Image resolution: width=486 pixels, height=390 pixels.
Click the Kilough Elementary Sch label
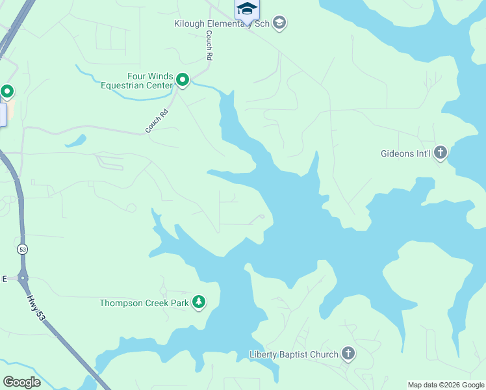coord(221,24)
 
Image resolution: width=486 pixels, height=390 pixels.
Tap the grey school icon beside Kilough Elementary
coord(279,24)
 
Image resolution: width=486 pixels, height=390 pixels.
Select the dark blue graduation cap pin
coord(247,8)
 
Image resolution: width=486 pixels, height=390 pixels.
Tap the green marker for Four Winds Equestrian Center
coord(183,81)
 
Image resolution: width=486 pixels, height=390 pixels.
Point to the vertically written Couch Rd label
coord(209,45)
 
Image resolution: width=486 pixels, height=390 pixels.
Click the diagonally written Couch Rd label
coord(157,121)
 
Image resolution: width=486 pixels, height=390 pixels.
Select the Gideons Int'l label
coord(405,154)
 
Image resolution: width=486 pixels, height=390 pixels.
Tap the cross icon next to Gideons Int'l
coord(441,153)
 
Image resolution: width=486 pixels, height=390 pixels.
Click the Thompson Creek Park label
coord(144,303)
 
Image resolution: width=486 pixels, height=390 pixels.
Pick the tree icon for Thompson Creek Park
coord(199,302)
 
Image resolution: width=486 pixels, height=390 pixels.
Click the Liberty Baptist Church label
coord(294,354)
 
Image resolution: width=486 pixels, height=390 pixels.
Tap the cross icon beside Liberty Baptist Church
coord(348,354)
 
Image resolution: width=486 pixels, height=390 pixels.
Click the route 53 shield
coord(23,249)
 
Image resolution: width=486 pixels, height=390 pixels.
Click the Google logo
coord(21,382)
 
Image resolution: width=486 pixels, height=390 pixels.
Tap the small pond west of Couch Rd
coord(75,140)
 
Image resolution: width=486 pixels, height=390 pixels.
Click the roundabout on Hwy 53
coord(23,278)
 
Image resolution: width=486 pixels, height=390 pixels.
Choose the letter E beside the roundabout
coord(4,278)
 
